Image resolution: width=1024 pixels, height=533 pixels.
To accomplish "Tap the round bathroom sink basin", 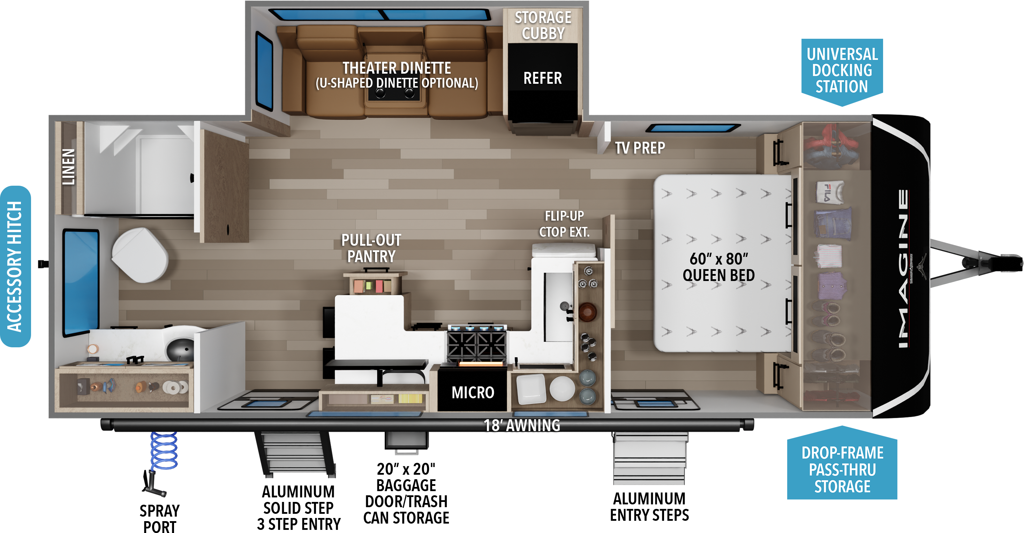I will (180, 349).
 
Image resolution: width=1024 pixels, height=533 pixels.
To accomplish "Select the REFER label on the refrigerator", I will (543, 78).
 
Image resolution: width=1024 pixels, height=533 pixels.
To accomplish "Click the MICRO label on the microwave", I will (473, 393).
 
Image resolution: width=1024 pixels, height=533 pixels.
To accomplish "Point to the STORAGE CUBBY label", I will (543, 25).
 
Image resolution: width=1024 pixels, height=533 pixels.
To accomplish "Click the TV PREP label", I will (640, 148).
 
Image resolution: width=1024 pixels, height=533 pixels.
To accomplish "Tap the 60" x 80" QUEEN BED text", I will (718, 267).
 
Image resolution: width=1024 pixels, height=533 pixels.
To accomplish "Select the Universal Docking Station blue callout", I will (842, 71).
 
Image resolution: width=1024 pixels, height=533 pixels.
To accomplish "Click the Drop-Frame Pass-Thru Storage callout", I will (842, 469).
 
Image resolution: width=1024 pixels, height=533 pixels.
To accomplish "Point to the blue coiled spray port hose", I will (164, 451).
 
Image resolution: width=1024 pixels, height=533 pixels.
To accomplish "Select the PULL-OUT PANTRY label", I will (371, 248).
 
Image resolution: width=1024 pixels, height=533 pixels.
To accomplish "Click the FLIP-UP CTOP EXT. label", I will (564, 224).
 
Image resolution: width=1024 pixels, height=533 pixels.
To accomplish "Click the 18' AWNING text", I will (521, 425).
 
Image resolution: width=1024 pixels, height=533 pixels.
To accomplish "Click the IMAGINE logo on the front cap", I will (903, 268).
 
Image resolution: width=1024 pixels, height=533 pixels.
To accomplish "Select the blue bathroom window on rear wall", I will (81, 282).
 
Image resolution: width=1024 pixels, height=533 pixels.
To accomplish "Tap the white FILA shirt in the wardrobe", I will (830, 192).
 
